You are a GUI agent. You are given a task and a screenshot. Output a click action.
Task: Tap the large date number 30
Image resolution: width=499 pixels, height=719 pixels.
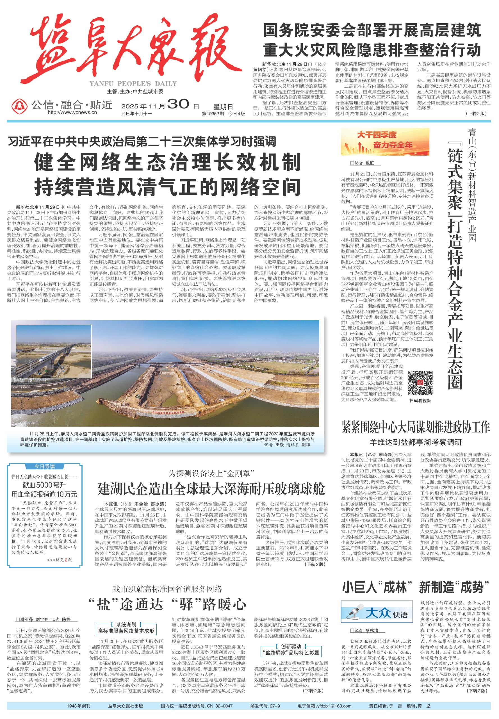coord(179,104)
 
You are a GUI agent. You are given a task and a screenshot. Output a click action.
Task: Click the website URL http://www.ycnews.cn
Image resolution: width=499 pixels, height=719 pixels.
coord(72,113)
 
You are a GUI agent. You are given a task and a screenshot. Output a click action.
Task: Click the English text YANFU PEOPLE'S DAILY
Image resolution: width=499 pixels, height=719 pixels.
coord(133,83)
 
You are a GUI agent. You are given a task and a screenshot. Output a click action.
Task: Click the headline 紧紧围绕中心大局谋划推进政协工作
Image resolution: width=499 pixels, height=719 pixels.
coord(416,428)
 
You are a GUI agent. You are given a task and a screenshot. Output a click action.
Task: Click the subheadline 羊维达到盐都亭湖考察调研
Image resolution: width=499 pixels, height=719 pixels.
coord(416,442)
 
